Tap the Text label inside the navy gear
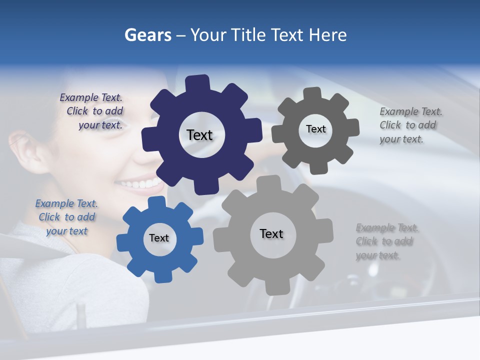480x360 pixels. (x=199, y=135)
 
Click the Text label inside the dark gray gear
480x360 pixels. (x=315, y=129)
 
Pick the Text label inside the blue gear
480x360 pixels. (x=159, y=238)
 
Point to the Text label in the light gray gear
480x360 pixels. (x=271, y=234)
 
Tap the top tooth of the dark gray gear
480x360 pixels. (x=312, y=94)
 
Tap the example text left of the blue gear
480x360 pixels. (x=66, y=217)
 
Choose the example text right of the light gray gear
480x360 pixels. (x=385, y=241)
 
